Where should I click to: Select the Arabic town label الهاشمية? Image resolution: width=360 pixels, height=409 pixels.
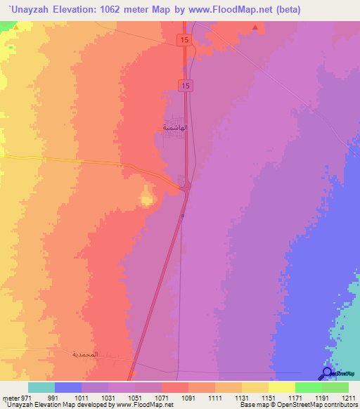tap(174, 128)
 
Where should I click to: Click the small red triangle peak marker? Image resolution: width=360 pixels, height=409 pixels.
tap(255, 28)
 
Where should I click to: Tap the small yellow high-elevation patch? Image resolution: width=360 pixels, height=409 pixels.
tap(146, 200)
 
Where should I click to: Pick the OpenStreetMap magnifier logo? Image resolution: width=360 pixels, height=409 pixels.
tap(328, 375)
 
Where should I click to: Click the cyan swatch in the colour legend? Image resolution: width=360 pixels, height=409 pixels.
tap(41, 387)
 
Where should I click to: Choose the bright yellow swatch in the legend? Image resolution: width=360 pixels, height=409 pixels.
tap(281, 387)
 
